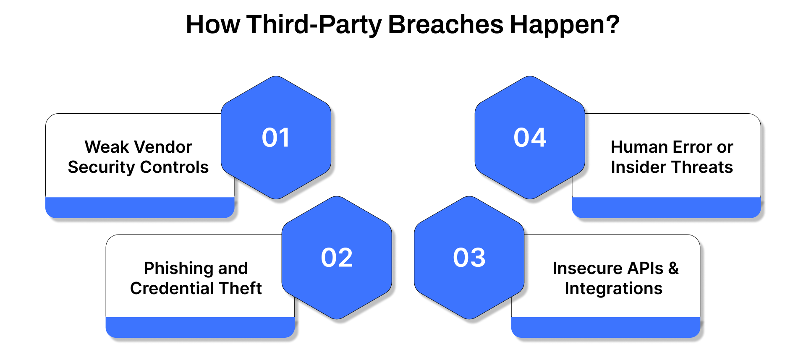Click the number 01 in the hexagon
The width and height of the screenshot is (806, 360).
click(x=276, y=138)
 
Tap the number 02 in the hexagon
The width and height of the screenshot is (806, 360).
click(x=337, y=257)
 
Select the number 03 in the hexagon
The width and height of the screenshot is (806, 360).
click(x=469, y=257)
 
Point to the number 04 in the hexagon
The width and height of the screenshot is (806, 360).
click(x=530, y=138)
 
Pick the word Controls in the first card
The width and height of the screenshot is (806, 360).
click(x=174, y=167)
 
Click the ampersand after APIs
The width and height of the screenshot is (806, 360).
click(x=673, y=268)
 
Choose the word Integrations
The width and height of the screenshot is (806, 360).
click(x=613, y=288)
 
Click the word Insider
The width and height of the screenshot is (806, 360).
click(x=638, y=167)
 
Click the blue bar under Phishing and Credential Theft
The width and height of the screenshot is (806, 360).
click(x=200, y=327)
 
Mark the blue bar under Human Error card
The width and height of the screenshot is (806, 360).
click(x=666, y=207)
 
